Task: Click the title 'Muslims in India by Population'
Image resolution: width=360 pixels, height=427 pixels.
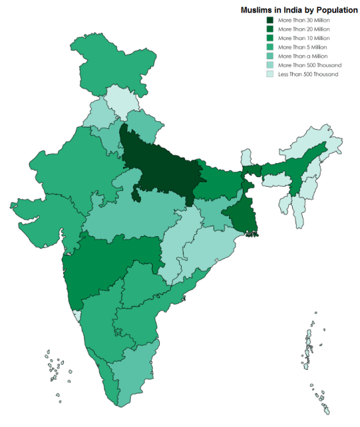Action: click(x=299, y=11)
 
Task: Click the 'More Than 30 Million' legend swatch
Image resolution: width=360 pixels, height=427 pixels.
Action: click(x=270, y=21)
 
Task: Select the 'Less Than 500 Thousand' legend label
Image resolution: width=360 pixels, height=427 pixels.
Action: click(x=308, y=74)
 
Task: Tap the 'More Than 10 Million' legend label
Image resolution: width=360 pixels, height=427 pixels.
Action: click(x=304, y=39)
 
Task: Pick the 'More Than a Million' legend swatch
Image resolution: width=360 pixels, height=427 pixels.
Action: click(x=270, y=57)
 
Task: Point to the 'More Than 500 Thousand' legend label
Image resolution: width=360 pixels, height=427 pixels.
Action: click(x=309, y=65)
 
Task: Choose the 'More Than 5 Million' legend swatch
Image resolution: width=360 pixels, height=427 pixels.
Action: click(x=270, y=47)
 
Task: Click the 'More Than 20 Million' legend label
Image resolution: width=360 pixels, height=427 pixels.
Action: click(x=304, y=30)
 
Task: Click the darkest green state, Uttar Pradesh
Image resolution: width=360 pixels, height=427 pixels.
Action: click(x=158, y=164)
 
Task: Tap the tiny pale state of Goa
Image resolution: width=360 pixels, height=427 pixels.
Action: click(x=78, y=316)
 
